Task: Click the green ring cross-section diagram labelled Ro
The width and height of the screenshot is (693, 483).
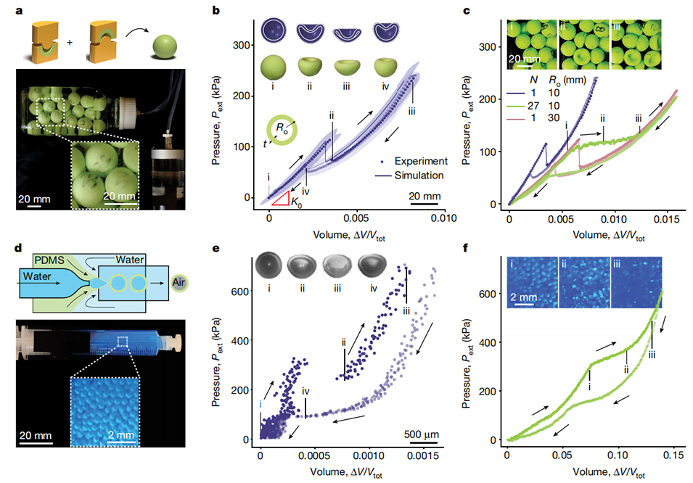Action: point(277,131)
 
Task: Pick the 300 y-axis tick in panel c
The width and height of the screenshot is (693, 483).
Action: point(494,46)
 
